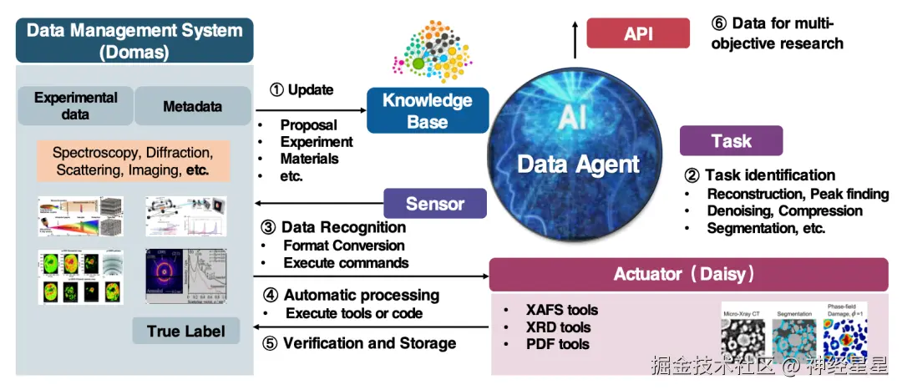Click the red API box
(638, 33)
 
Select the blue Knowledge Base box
(427, 111)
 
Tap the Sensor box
(434, 204)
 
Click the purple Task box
(731, 141)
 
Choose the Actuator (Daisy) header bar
(688, 274)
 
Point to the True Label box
(185, 332)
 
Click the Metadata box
(192, 106)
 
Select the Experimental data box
(75, 106)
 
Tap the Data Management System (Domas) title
(134, 41)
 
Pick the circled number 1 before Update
(276, 89)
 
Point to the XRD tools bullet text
(558, 327)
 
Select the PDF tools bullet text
(558, 344)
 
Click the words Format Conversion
(343, 246)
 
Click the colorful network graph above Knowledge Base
(427, 48)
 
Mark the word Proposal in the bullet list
(308, 125)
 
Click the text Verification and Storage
(369, 343)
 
